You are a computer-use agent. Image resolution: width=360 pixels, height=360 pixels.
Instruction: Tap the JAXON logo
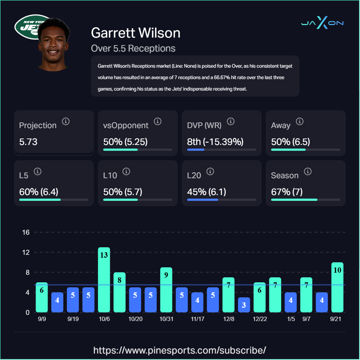click(322, 23)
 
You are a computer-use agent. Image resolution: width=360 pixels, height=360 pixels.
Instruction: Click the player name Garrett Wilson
click(136, 33)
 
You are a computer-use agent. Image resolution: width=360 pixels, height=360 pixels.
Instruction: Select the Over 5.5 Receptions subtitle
click(133, 48)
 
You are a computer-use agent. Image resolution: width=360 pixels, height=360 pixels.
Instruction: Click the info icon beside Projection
click(65, 121)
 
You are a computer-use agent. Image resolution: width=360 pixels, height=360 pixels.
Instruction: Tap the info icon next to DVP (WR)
click(231, 121)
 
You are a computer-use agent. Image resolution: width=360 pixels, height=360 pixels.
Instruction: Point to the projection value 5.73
click(28, 142)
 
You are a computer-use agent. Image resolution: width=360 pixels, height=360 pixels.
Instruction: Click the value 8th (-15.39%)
click(215, 142)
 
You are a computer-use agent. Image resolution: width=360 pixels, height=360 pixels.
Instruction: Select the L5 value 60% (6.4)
click(39, 192)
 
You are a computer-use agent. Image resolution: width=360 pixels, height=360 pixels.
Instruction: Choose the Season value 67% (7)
click(287, 192)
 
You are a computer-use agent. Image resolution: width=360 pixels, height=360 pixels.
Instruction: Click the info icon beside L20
click(210, 171)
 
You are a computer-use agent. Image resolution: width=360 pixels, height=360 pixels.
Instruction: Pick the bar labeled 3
click(244, 305)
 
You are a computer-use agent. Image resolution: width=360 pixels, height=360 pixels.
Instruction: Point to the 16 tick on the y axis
click(26, 232)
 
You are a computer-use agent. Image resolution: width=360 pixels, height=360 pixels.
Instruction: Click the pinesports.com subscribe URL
click(180, 350)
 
